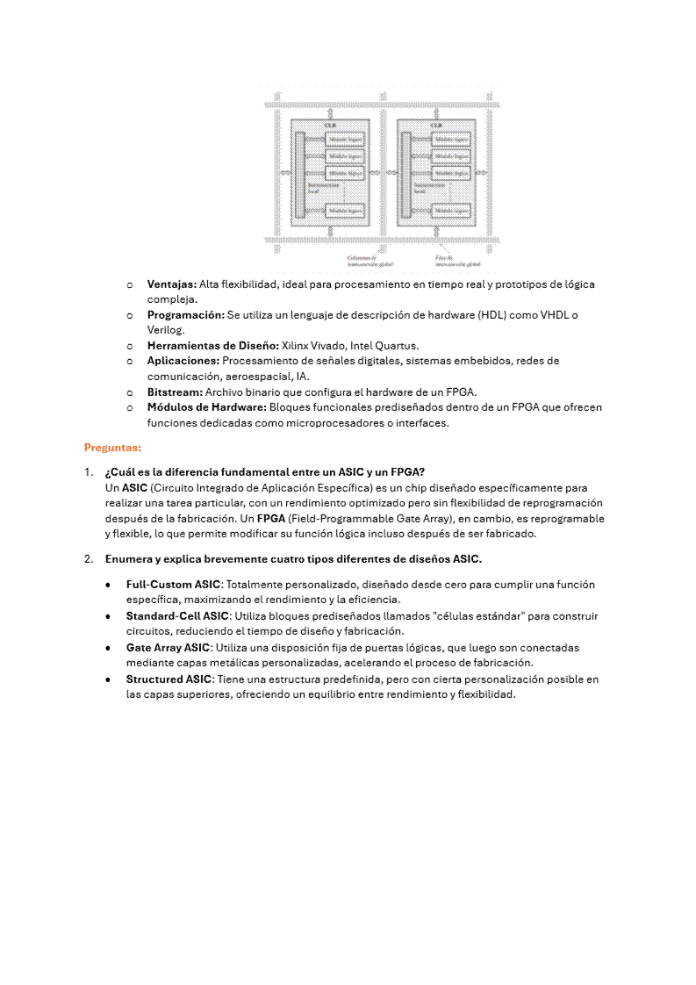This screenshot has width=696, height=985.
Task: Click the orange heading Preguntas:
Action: coord(112,447)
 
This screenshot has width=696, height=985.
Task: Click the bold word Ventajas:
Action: coord(171,284)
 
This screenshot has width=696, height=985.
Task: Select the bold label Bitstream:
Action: coord(174,392)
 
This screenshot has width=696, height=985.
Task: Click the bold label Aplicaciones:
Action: coord(183,361)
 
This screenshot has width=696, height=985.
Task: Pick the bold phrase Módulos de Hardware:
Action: coord(206,407)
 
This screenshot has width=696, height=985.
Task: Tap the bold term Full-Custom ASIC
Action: coord(173,584)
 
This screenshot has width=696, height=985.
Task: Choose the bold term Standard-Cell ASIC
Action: coord(177,616)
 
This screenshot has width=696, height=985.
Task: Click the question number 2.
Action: coord(88,559)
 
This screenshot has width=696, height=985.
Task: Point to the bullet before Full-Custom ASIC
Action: coord(107,585)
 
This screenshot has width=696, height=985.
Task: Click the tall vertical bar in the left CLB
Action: coord(299,174)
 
